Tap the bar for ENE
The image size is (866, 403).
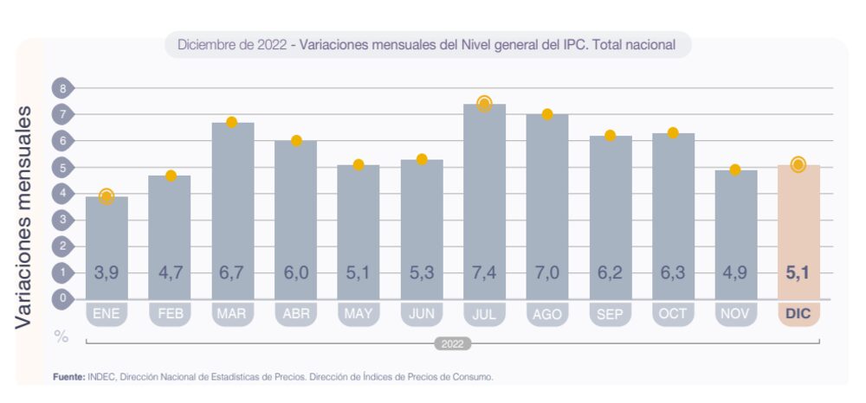click(x=107, y=246)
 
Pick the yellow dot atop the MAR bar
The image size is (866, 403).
click(x=232, y=122)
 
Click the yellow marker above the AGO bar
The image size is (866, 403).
click(x=547, y=114)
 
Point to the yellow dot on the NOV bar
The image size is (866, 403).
click(x=735, y=170)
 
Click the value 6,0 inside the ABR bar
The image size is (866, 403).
click(x=295, y=273)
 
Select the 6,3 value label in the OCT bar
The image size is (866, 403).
click(x=673, y=273)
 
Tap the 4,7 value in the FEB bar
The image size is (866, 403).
click(x=170, y=273)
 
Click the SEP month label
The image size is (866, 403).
click(x=610, y=314)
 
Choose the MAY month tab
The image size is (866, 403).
click(x=359, y=314)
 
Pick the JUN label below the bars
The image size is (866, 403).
click(x=421, y=314)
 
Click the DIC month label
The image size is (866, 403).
click(x=798, y=314)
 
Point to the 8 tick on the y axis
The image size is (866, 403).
click(x=62, y=87)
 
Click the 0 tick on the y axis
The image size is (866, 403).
click(x=62, y=299)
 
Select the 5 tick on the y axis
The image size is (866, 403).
click(x=62, y=167)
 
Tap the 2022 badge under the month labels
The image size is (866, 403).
click(x=452, y=343)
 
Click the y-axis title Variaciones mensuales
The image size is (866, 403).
click(x=24, y=216)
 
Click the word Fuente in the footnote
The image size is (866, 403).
click(x=67, y=377)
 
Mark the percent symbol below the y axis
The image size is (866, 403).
click(x=61, y=336)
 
